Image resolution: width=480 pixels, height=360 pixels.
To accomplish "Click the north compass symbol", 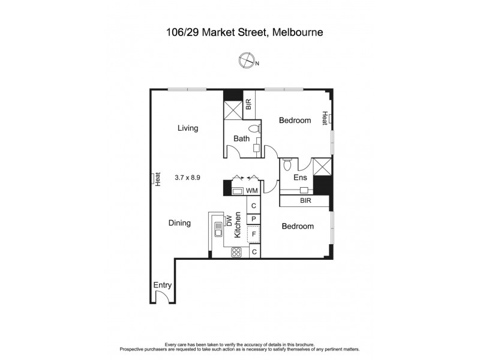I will (246, 60).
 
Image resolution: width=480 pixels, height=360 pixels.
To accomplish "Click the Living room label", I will (188, 128).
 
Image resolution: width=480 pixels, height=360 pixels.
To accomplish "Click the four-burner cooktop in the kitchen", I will (236, 252).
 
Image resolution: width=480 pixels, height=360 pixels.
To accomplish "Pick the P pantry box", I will (254, 219).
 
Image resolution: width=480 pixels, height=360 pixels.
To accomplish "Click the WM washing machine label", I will (252, 191).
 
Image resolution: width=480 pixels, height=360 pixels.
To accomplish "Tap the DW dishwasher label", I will (229, 221).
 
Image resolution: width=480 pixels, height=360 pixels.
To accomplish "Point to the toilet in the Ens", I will (287, 164).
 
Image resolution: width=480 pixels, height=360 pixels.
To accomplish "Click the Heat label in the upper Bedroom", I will (325, 118).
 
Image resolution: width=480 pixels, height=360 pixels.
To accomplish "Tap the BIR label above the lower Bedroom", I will (305, 202).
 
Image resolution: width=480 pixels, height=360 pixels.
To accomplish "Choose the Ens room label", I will (300, 178).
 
